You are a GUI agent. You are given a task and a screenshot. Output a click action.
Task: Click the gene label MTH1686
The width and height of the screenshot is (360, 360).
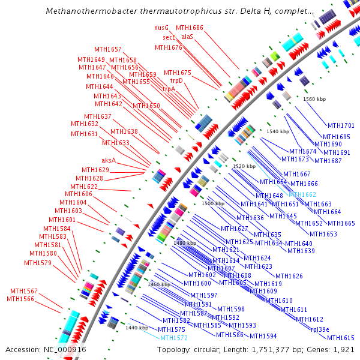pos(190,28)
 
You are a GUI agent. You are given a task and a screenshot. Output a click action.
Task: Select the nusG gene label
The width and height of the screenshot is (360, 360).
pos(161,28)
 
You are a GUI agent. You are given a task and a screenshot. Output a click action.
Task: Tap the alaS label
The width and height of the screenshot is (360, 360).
pos(187,37)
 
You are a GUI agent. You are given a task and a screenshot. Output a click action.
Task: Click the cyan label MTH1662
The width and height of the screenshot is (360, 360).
pos(302,194)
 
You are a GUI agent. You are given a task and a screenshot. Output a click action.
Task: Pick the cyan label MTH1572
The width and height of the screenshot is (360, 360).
pos(174,338)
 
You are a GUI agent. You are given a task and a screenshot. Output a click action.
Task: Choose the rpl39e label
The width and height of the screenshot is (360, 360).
pos(319,329)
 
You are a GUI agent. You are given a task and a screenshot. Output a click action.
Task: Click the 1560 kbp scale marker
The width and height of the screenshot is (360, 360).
pos(314,99)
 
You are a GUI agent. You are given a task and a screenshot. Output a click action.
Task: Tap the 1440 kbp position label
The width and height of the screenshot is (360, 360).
pos(137,328)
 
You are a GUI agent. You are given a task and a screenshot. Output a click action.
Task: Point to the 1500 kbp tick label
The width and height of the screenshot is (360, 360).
pos(213,203)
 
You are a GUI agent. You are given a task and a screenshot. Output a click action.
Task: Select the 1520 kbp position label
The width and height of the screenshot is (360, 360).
pos(244,166)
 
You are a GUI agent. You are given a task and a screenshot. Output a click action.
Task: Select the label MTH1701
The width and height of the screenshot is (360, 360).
pos(341,126)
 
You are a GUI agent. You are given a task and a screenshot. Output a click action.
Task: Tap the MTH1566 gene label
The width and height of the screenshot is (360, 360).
pos(20,299)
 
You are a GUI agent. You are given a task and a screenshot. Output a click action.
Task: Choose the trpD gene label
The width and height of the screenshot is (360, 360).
pos(176,80)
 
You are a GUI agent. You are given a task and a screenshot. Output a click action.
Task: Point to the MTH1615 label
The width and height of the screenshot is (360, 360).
pos(341,338)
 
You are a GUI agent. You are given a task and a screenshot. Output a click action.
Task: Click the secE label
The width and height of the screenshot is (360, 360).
pos(169,37)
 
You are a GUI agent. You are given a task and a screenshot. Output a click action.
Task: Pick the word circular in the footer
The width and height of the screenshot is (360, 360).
pos(212,349)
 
